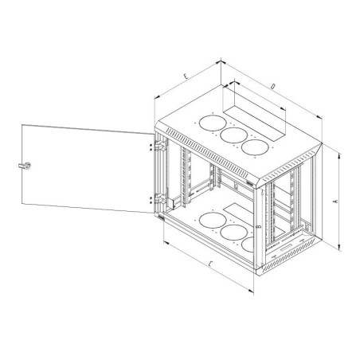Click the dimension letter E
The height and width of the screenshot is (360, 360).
coord(186,76)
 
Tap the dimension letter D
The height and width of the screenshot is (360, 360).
coord(272,86)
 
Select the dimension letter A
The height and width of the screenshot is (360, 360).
coord(336,202)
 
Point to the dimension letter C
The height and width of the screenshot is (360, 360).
coord(210,264)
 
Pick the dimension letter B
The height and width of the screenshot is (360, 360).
coord(259,227)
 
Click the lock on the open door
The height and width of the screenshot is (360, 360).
coord(25,166)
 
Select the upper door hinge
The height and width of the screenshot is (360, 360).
coord(161,146)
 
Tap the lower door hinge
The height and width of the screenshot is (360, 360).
coord(161,198)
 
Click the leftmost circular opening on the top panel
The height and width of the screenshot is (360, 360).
coord(213,123)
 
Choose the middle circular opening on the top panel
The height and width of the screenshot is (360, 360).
coord(234,135)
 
